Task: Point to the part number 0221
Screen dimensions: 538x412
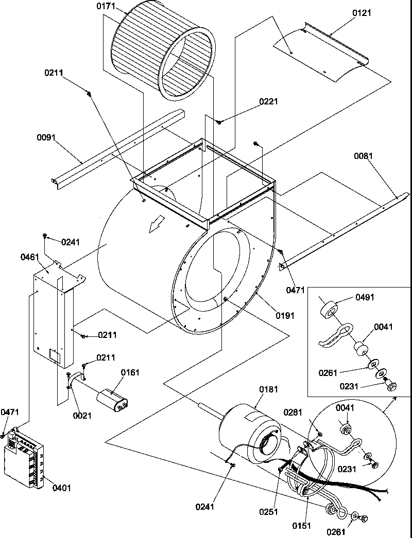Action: point(269,102)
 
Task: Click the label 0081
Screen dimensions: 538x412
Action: point(364,156)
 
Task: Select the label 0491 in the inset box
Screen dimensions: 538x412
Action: point(365,297)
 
